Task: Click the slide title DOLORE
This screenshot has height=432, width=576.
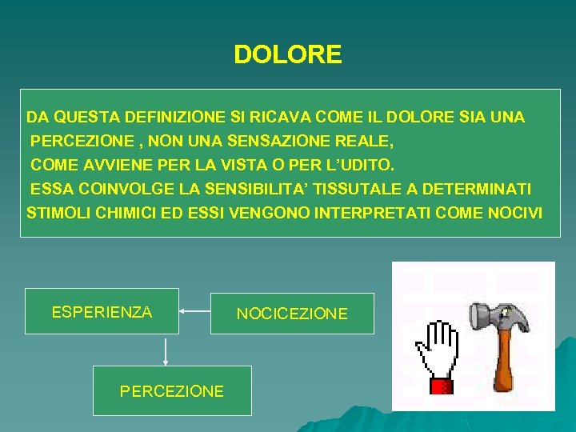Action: pyautogui.click(x=287, y=54)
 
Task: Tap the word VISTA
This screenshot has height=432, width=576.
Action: pyautogui.click(x=242, y=166)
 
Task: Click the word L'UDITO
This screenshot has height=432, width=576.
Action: pyautogui.click(x=357, y=166)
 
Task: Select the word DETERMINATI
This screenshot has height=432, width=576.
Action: pyautogui.click(x=488, y=190)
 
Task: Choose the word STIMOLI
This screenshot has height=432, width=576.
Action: pyautogui.click(x=58, y=214)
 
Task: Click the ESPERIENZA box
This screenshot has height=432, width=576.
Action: pyautogui.click(x=102, y=311)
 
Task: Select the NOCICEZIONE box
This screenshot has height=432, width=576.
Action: pyautogui.click(x=292, y=314)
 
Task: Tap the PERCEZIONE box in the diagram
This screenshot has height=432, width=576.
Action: pyautogui.click(x=172, y=390)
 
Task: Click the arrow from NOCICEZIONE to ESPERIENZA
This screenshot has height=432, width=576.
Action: pyautogui.click(x=194, y=310)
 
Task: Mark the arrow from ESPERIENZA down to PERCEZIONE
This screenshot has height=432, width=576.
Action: pyautogui.click(x=166, y=350)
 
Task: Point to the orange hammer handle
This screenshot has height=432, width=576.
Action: pyautogui.click(x=504, y=364)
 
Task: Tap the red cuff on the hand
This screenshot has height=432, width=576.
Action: pyautogui.click(x=442, y=386)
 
